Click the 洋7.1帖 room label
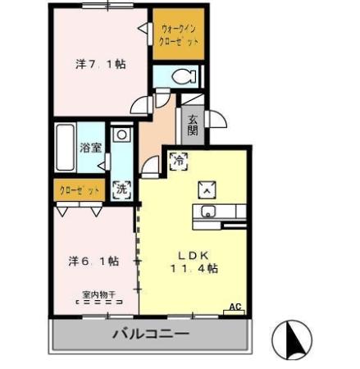pyautogui.click(x=101, y=64)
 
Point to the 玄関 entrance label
pyautogui.click(x=193, y=125)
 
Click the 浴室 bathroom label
pyautogui.click(x=90, y=148)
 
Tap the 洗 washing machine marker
pyautogui.click(x=121, y=188)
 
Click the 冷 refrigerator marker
pyautogui.click(x=177, y=162)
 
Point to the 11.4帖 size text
pyautogui.click(x=194, y=267)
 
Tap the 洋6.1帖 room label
pyautogui.click(x=93, y=261)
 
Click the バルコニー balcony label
pyautogui.click(x=150, y=335)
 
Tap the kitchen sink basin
pyautogui.click(x=207, y=214)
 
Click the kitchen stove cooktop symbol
pyautogui.click(x=207, y=189)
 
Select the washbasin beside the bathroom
pyautogui.click(x=121, y=134)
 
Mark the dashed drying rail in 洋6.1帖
pyautogui.click(x=98, y=302)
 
